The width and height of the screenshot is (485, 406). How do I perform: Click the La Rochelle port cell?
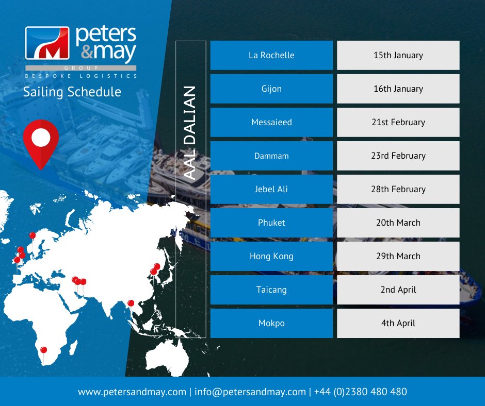click(x=271, y=55)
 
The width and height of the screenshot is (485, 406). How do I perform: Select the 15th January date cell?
click(x=398, y=55)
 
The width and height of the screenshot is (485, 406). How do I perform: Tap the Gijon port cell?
click(x=271, y=89)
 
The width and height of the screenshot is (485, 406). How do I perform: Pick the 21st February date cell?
click(x=398, y=122)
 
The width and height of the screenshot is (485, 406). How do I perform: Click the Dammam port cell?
click(x=271, y=156)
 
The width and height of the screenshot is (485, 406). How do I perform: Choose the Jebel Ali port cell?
click(x=271, y=189)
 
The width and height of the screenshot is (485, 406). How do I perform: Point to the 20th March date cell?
click(x=398, y=223)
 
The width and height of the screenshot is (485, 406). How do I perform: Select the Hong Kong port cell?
click(x=271, y=256)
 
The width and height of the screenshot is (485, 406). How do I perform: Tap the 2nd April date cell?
click(x=398, y=290)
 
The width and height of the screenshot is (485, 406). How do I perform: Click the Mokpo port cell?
click(x=271, y=323)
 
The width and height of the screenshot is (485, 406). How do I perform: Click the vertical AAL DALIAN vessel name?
click(x=190, y=133)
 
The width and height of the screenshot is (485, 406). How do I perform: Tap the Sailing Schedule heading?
click(x=72, y=92)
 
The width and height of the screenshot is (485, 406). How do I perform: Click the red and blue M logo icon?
click(x=47, y=43)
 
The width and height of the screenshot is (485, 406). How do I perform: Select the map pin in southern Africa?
click(x=43, y=350)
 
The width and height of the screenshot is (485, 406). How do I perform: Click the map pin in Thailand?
click(x=131, y=303)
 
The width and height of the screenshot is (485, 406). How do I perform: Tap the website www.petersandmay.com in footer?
click(x=132, y=392)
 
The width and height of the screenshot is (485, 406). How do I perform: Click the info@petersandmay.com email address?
click(x=250, y=392)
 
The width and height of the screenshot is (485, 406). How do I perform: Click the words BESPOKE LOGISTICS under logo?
click(x=80, y=76)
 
